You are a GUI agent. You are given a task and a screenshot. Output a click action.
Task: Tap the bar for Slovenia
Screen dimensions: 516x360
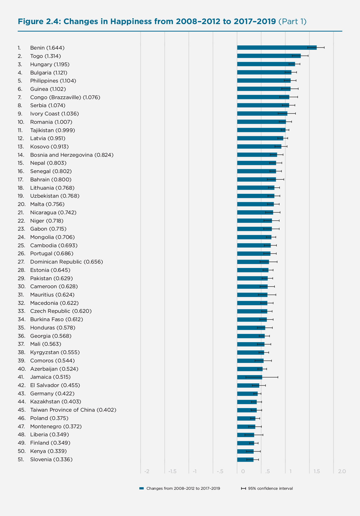click(x=245, y=460)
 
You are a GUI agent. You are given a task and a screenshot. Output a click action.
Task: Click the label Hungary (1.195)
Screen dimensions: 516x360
click(x=50, y=64)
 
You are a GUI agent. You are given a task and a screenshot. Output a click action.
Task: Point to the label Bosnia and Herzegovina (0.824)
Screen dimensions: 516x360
click(x=72, y=155)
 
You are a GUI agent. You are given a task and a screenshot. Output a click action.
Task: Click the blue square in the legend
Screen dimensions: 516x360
click(x=142, y=488)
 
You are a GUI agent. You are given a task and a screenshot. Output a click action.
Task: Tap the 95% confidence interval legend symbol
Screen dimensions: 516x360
click(x=243, y=488)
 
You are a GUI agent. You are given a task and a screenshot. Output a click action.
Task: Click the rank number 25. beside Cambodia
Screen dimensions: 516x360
click(x=21, y=246)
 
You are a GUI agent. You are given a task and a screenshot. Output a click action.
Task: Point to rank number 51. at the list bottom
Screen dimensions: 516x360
click(x=21, y=460)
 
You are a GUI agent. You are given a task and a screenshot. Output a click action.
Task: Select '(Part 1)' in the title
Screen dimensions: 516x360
click(x=292, y=22)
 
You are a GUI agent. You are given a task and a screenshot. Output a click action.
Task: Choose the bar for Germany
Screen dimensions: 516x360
click(x=247, y=394)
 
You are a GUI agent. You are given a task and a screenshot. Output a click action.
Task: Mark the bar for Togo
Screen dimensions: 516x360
click(x=269, y=56)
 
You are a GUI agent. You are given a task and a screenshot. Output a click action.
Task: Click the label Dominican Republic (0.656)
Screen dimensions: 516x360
click(x=66, y=262)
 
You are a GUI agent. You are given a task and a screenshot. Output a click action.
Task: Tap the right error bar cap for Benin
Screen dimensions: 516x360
click(x=324, y=48)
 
